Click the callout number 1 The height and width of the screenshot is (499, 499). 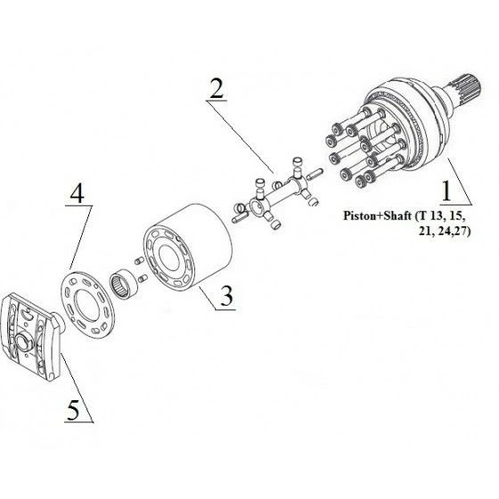pyautogui.click(x=446, y=191)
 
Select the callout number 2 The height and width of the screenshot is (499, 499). pyautogui.click(x=217, y=88)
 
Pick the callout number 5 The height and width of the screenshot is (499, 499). pyautogui.click(x=73, y=410)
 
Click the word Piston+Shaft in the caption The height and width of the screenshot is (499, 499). pyautogui.click(x=377, y=216)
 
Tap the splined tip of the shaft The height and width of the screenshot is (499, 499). pyautogui.click(x=466, y=86)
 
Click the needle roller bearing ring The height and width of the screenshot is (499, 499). pyautogui.click(x=124, y=282)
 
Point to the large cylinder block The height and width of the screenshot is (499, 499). pyautogui.click(x=188, y=247)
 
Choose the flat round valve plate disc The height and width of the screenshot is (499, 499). pyautogui.click(x=87, y=304)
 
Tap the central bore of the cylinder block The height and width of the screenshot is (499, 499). pyautogui.click(x=168, y=258)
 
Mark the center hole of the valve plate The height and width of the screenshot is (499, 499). pyautogui.click(x=86, y=305)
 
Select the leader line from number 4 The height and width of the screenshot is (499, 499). pyautogui.click(x=81, y=237)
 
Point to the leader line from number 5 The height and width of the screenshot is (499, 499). pyautogui.click(x=77, y=387)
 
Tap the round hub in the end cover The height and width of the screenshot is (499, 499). pyautogui.click(x=24, y=342)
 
